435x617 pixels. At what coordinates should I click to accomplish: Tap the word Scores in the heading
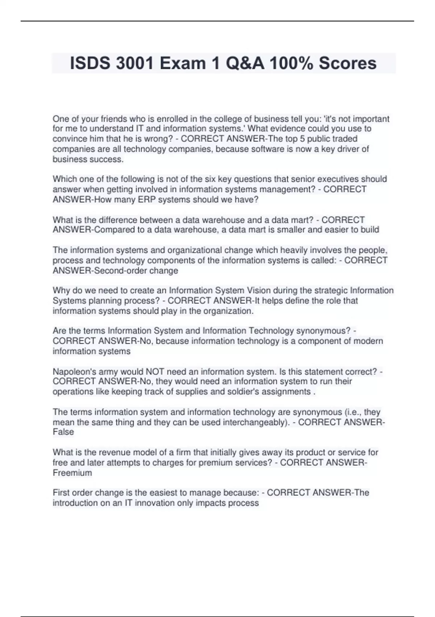pyautogui.click(x=348, y=64)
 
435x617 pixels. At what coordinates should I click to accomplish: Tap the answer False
pyautogui.click(x=63, y=432)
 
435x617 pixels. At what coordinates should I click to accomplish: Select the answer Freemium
pyautogui.click(x=72, y=473)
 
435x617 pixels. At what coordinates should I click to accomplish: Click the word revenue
pyautogui.click(x=114, y=453)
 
